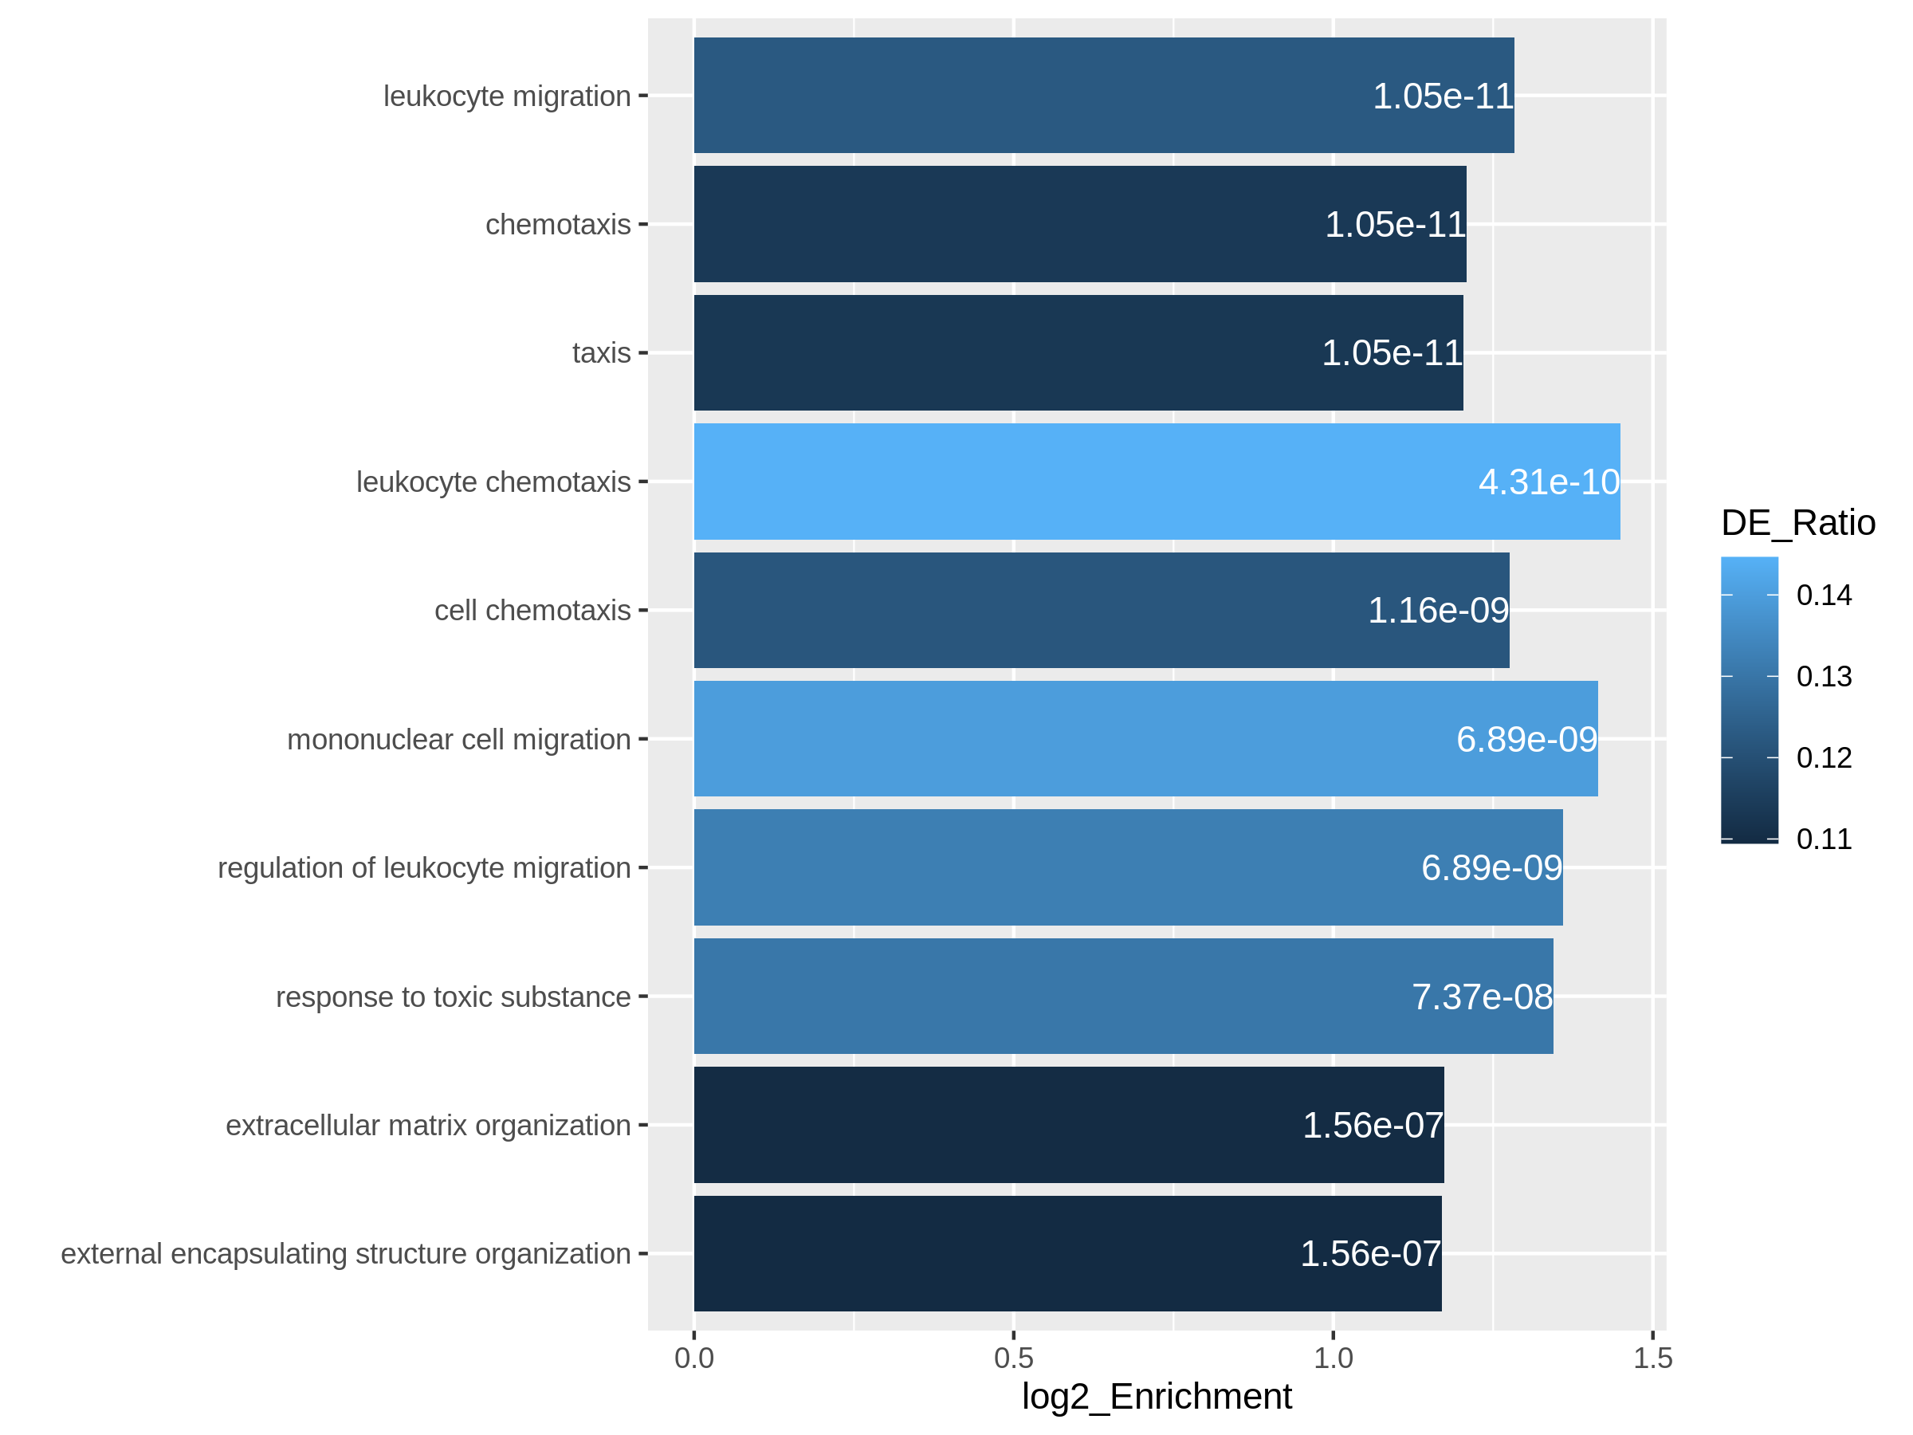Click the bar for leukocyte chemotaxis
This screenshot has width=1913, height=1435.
(x=1157, y=482)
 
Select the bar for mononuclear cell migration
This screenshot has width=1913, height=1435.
(x=1145, y=739)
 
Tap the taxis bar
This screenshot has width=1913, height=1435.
(x=1078, y=353)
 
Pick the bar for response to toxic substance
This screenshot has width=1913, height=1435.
(x=1122, y=997)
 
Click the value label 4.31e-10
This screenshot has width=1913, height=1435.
(x=1548, y=482)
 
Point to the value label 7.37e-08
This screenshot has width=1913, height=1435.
(x=1482, y=997)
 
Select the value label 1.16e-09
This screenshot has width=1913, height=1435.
(x=1437, y=611)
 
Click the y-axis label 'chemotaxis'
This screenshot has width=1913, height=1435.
(x=558, y=225)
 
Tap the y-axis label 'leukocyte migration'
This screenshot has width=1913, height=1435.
(x=507, y=96)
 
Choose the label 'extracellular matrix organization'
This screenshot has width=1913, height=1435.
(x=428, y=1126)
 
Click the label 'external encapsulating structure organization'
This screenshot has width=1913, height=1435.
(x=345, y=1253)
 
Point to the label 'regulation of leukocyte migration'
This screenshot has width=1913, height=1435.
(x=424, y=867)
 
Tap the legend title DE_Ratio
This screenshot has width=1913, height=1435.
(x=1797, y=523)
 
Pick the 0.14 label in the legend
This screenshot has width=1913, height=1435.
(x=1823, y=595)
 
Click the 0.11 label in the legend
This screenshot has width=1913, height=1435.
(x=1823, y=839)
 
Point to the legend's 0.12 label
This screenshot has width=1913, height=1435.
(x=1823, y=757)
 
